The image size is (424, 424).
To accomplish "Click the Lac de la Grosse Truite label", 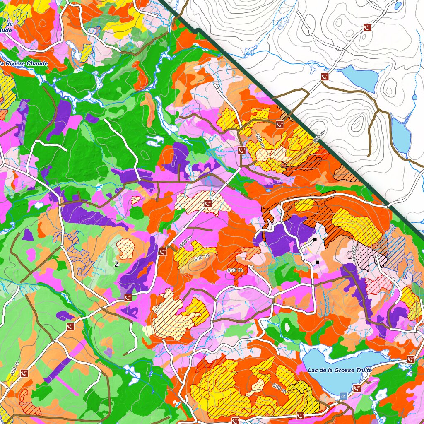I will point(340,370).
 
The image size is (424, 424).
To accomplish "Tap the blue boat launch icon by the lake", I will point(344,396).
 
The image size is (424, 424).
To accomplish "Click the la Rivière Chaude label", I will point(24,63).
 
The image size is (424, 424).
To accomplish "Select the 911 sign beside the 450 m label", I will point(24,373).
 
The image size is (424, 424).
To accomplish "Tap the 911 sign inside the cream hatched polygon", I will point(208,203).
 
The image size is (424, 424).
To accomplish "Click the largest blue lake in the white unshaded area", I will point(359,78).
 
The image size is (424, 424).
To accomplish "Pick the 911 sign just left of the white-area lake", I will point(325,77).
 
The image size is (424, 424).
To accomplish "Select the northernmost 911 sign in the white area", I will point(367,27).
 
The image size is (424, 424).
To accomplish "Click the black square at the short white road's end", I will point(315,239).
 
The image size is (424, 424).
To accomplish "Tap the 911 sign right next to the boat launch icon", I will point(357,388).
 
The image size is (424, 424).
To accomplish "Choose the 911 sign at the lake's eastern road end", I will point(410,359).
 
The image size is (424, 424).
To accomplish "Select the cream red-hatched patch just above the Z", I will point(126,249).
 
